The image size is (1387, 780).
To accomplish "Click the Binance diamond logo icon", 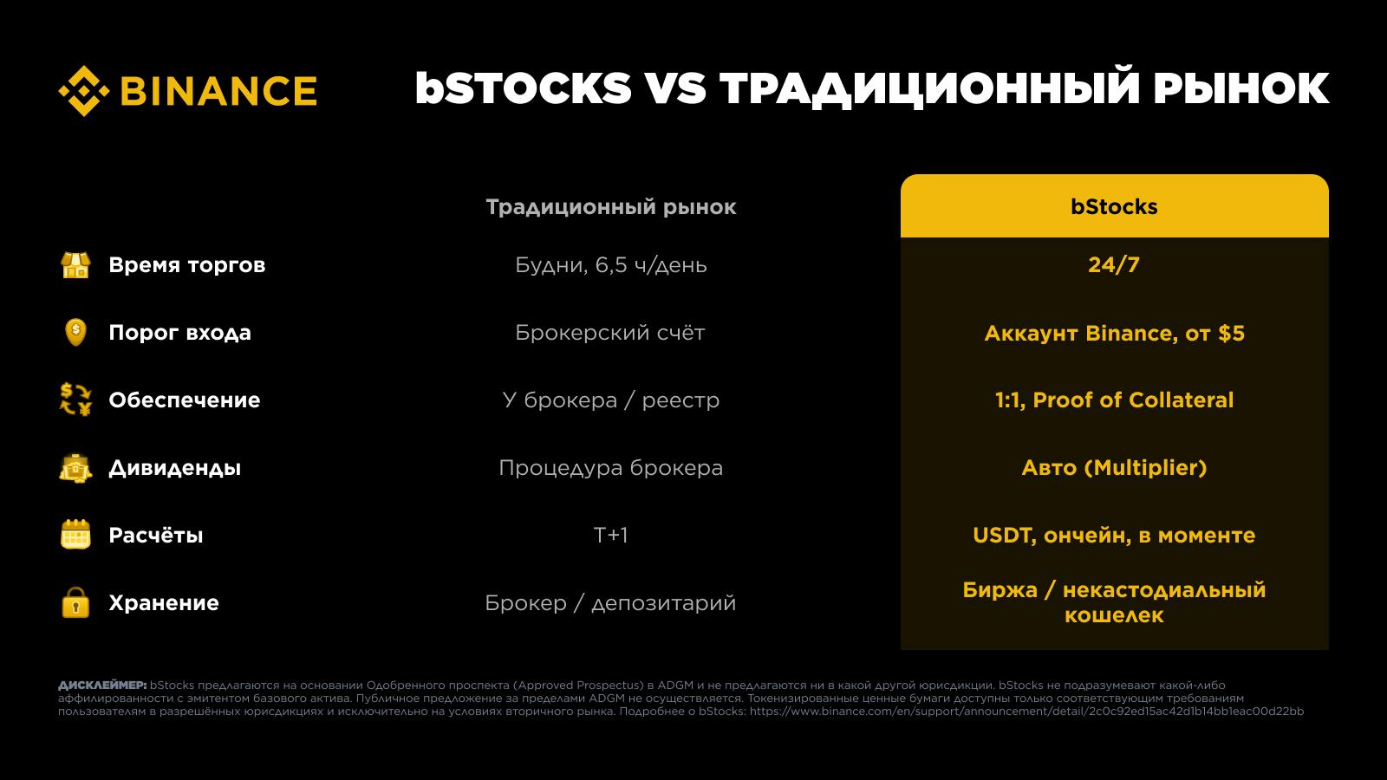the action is point(84,91).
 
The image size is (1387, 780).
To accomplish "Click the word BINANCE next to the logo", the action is point(218,91).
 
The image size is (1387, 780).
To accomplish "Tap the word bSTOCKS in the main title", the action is point(524,88).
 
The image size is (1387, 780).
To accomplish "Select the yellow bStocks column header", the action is point(1115,206).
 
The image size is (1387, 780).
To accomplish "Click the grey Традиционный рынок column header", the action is point(611,207).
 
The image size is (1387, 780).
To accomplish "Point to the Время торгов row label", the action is point(187,265).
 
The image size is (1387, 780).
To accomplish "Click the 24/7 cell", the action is point(1114,265).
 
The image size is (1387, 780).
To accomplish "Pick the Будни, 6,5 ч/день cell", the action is point(611,265).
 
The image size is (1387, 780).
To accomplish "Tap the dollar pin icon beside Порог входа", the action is point(75,333).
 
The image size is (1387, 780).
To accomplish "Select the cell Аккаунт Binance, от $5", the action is point(1115,333).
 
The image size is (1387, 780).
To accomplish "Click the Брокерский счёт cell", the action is point(610,333).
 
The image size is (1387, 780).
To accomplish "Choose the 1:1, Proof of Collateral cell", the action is point(1115,400).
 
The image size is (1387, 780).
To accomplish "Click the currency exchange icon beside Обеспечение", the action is point(75,400).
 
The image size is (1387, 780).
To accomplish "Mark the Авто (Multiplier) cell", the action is point(1115,467).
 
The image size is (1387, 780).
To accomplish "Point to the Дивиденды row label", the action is point(174,468).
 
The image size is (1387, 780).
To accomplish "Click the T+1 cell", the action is point(610,535).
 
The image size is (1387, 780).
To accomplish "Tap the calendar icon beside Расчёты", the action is point(75,535).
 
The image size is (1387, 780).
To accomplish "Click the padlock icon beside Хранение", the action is point(75,602).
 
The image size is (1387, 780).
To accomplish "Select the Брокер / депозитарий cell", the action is point(610,603).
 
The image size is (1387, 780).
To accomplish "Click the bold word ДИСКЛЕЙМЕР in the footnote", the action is point(102,686).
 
